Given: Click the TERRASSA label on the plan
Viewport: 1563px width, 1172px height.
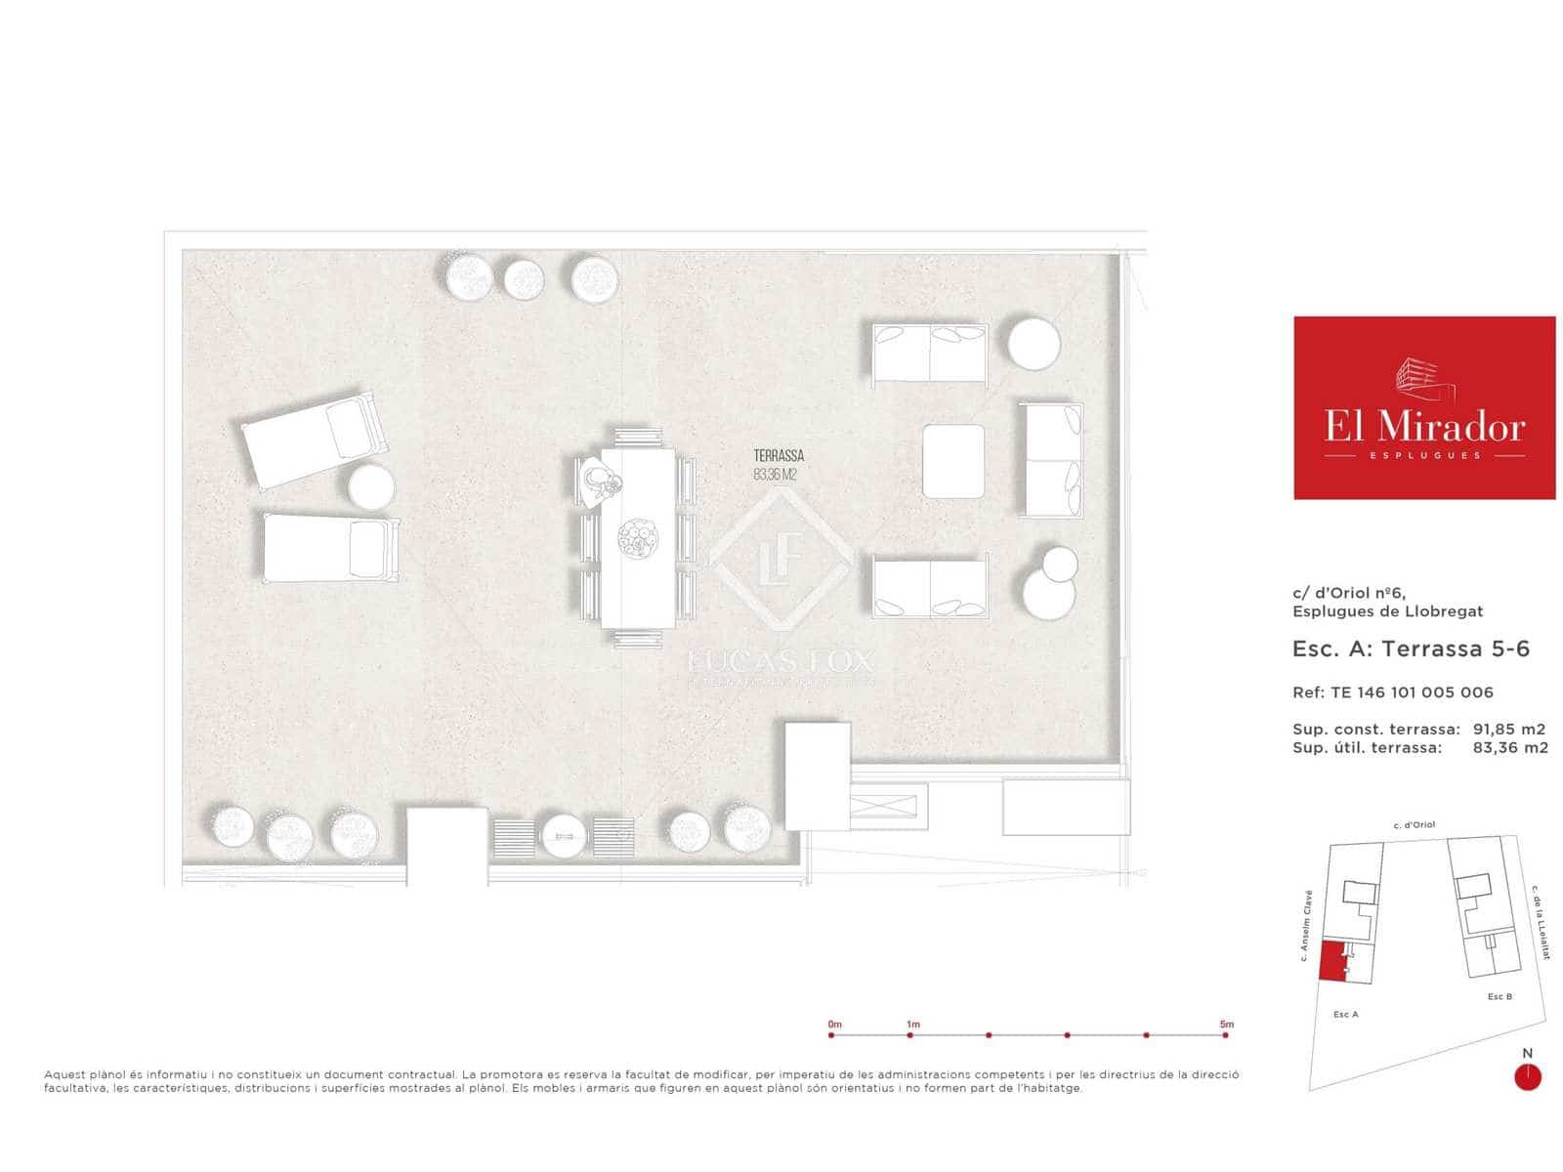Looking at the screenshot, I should click(779, 456).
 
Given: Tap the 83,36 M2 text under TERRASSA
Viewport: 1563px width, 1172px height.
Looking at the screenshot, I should click(776, 475).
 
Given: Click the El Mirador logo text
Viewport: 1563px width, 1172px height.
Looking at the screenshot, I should click(1424, 426).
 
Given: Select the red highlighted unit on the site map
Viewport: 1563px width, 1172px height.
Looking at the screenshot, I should click(1331, 961).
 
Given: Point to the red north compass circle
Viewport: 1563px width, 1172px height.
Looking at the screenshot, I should click(1527, 1077).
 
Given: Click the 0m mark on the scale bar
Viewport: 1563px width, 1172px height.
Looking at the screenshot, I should click(832, 1034).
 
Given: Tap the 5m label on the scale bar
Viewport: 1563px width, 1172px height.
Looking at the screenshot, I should click(1226, 1025).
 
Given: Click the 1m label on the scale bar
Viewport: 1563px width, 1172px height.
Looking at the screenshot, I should click(912, 1025).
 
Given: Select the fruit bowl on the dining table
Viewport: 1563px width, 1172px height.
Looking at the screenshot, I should click(637, 538).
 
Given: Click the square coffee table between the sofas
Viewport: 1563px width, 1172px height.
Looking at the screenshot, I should click(954, 460).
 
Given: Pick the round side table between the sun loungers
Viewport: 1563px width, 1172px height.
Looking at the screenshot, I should click(371, 486).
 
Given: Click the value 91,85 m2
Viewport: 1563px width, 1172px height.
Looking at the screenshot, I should click(1509, 729).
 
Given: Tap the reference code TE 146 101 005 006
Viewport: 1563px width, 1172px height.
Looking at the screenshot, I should click(1412, 692).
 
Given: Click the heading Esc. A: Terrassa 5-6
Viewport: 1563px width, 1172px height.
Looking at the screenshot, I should click(1411, 649).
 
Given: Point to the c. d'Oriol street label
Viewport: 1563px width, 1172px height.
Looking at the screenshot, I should click(1414, 825).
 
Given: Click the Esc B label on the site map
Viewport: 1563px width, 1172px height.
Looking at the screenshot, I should click(1500, 997).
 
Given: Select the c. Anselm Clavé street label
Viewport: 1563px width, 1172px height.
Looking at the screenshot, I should click(1305, 926).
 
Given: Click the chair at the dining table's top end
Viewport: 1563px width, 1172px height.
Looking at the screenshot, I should click(638, 437).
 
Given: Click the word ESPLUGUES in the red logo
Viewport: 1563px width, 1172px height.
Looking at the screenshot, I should click(1424, 456).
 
